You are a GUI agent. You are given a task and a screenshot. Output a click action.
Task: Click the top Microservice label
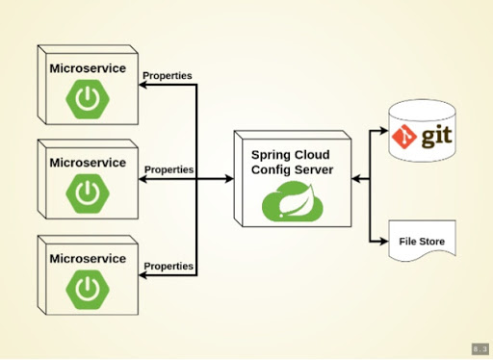pyautogui.click(x=88, y=68)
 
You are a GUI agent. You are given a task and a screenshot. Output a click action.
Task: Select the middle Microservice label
pyautogui.click(x=88, y=163)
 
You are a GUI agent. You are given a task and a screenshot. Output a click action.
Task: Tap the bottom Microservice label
pyautogui.click(x=88, y=258)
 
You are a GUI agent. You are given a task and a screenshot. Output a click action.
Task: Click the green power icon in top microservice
pyautogui.click(x=88, y=98)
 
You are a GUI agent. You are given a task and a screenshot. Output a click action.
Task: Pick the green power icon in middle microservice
pyautogui.click(x=88, y=193)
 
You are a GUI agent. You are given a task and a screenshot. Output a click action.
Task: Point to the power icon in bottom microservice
pyautogui.click(x=88, y=287)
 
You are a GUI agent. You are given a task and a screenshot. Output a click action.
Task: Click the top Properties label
pyautogui.click(x=168, y=75)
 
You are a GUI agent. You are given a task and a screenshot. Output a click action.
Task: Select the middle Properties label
pyautogui.click(x=169, y=169)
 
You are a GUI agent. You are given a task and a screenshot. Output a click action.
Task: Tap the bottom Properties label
pyautogui.click(x=168, y=266)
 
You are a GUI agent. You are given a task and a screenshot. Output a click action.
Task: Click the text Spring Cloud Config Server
pyautogui.click(x=293, y=162)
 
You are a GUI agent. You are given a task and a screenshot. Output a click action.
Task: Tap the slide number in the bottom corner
pyautogui.click(x=480, y=348)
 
